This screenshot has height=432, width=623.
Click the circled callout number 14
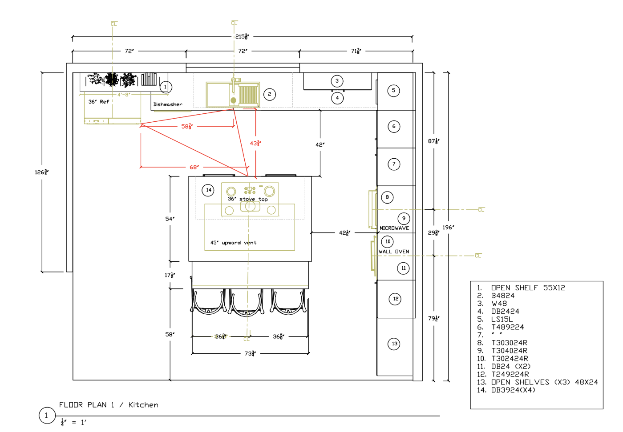(208, 190)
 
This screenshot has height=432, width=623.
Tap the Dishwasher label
(168, 105)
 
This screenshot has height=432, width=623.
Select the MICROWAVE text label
(394, 228)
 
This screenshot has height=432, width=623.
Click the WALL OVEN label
(394, 252)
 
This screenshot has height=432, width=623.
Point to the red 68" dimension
(194, 168)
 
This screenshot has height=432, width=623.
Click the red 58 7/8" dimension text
(187, 127)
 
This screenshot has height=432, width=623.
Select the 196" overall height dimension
(448, 228)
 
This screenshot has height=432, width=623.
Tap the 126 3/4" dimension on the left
(41, 172)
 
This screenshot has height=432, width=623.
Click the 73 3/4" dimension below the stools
(250, 354)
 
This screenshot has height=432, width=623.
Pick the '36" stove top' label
(248, 200)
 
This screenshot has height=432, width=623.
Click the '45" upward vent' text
(233, 243)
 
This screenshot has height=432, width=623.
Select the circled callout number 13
(394, 344)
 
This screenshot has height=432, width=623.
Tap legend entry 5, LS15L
(502, 320)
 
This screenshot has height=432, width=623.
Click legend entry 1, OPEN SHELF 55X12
(528, 288)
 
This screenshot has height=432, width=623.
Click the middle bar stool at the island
(246, 302)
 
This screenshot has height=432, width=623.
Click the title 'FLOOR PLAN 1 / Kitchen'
(109, 405)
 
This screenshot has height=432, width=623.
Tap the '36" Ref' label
(98, 102)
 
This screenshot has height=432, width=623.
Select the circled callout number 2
(270, 94)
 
